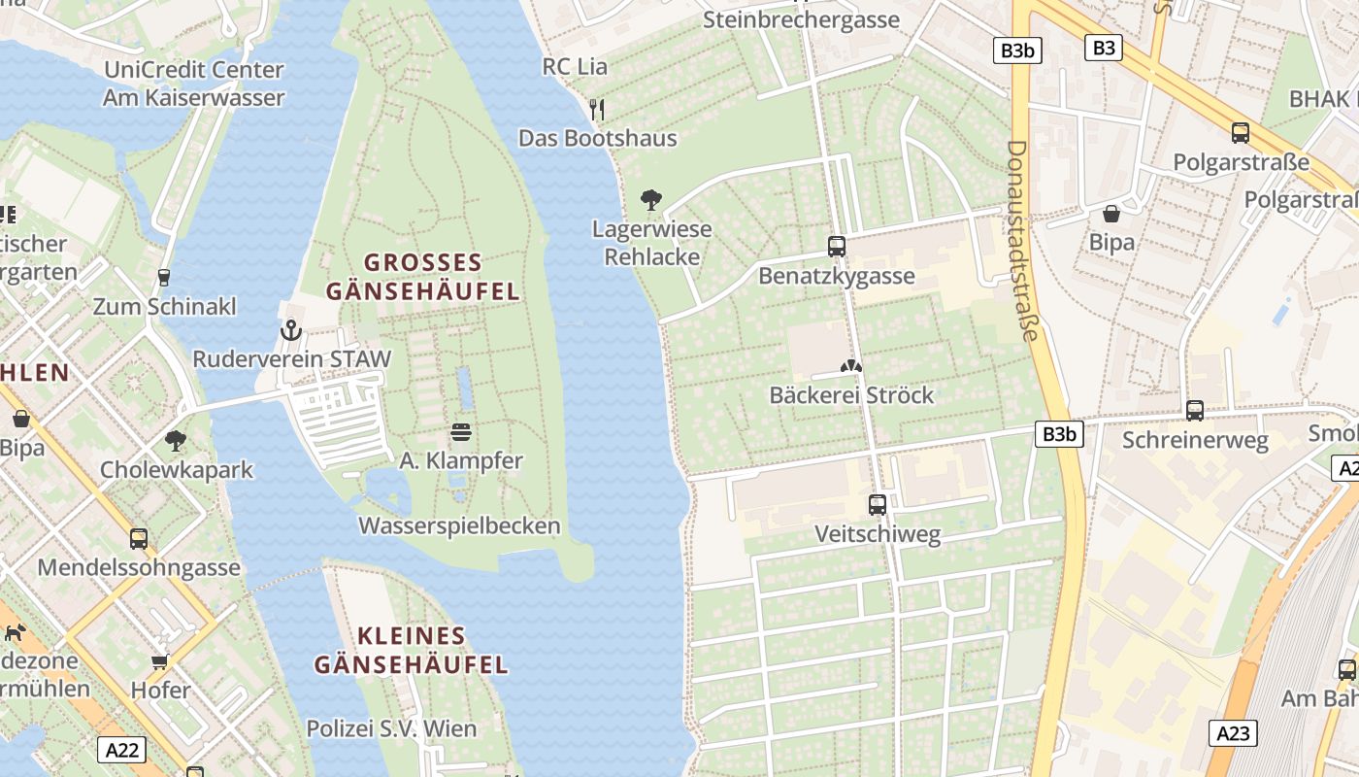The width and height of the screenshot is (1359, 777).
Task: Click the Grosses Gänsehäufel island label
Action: pos(422,277)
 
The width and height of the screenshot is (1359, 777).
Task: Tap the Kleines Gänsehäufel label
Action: pos(411,651)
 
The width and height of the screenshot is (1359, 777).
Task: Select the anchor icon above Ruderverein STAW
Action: pos(291,331)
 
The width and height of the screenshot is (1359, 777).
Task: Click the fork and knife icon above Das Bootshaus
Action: pos(597,109)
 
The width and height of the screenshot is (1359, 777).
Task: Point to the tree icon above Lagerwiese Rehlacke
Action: pos(651,201)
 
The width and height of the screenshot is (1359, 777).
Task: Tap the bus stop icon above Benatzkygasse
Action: pos(837,247)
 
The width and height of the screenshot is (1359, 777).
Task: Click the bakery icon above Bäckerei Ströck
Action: pos(851,367)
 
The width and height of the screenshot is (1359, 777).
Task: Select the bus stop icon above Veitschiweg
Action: pos(878,505)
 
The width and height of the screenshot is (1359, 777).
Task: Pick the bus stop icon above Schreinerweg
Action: pos(1195,411)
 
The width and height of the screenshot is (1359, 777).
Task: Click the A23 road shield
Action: pos(1233,733)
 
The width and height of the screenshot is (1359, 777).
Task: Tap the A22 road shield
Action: pos(122,749)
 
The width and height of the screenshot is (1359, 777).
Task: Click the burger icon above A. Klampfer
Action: pos(461,432)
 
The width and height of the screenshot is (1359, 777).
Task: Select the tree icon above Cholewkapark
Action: pos(176,441)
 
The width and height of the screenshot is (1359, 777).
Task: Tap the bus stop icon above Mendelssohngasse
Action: pos(139,539)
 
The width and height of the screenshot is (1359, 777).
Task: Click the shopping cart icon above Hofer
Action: pos(160,662)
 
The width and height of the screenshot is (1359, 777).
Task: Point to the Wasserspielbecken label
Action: pos(459,526)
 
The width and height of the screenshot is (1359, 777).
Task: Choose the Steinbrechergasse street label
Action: pos(801,19)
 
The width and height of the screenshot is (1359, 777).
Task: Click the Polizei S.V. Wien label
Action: pos(391,728)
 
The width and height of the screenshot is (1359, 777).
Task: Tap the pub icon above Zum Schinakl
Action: pos(164,278)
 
